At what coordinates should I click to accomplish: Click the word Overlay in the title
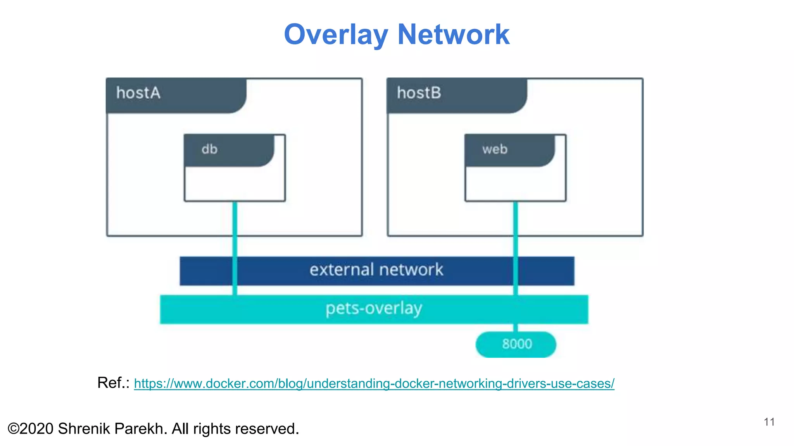pyautogui.click(x=336, y=35)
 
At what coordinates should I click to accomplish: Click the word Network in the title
pyautogui.click(x=453, y=35)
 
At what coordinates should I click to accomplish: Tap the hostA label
pyautogui.click(x=138, y=93)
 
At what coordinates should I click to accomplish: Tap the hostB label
pyautogui.click(x=419, y=93)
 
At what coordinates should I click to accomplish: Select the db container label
pyautogui.click(x=209, y=149)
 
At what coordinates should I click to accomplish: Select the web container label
pyautogui.click(x=495, y=149)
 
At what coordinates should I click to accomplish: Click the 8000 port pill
pyautogui.click(x=516, y=344)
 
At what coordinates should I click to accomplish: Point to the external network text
pyautogui.click(x=376, y=270)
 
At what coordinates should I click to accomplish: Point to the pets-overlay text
pyautogui.click(x=374, y=309)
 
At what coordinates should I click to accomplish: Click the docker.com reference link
pyautogui.click(x=374, y=384)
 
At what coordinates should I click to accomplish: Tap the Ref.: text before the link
pyautogui.click(x=113, y=383)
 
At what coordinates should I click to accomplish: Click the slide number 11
pyautogui.click(x=769, y=422)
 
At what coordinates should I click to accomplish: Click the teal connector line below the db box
pyautogui.click(x=235, y=228)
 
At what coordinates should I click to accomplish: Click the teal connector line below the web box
pyautogui.click(x=516, y=228)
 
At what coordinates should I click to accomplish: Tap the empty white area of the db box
pyautogui.click(x=235, y=184)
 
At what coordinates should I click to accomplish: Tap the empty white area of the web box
pyautogui.click(x=515, y=184)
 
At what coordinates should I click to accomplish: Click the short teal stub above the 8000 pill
pyautogui.click(x=516, y=328)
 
